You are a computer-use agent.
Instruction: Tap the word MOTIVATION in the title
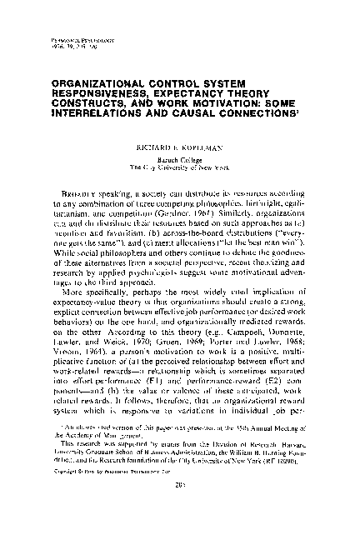215,105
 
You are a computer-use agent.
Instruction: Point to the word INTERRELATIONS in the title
105,116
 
